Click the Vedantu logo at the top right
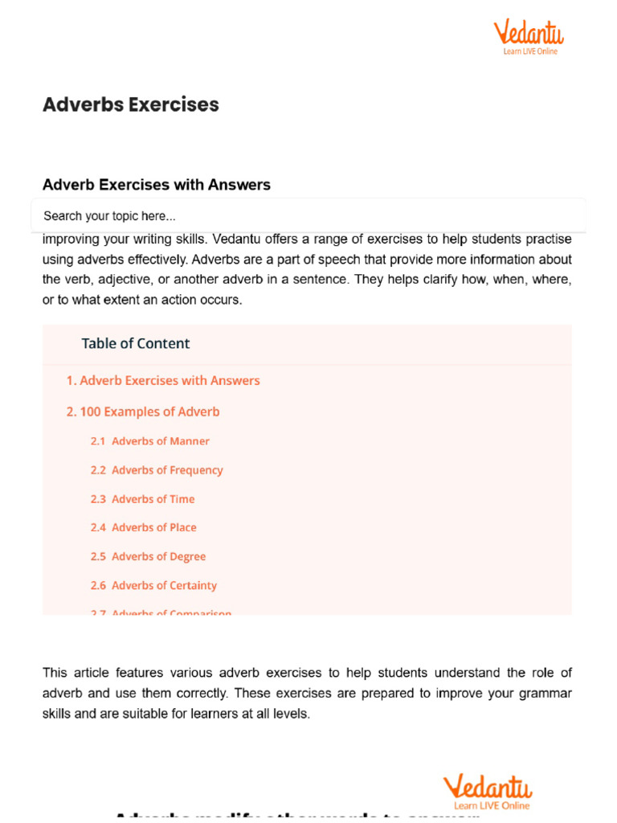pyautogui.click(x=528, y=38)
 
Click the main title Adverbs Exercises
pyautogui.click(x=130, y=104)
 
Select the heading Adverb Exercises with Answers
pyautogui.click(x=156, y=185)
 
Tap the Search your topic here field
pyautogui.click(x=308, y=215)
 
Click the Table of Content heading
pyautogui.click(x=135, y=343)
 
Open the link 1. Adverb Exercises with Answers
pyautogui.click(x=162, y=381)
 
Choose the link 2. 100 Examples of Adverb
pyautogui.click(x=142, y=411)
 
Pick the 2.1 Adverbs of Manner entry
pyautogui.click(x=149, y=441)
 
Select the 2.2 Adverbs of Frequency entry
pyautogui.click(x=156, y=470)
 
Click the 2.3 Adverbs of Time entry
pyautogui.click(x=142, y=499)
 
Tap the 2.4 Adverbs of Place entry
pyautogui.click(x=143, y=528)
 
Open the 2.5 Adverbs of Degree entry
pyautogui.click(x=148, y=557)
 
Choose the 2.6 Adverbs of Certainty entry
pyautogui.click(x=153, y=586)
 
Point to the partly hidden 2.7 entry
pyautogui.click(x=161, y=612)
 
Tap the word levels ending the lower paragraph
pyautogui.click(x=290, y=714)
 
